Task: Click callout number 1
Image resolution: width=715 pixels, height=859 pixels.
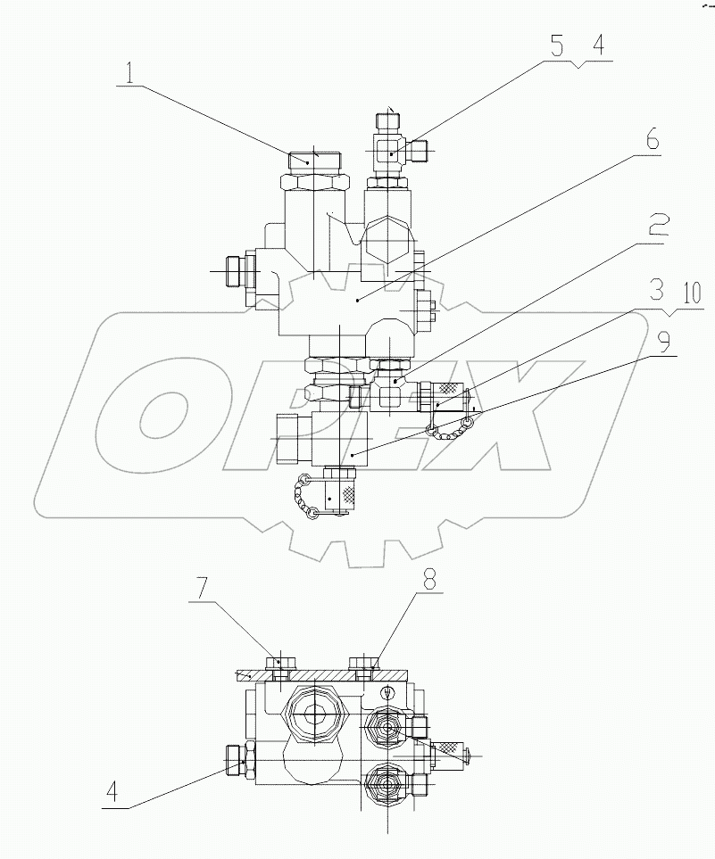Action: pos(130,71)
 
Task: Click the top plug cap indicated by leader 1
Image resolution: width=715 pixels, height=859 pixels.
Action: pos(312,161)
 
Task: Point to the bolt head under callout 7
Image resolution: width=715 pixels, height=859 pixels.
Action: pos(279,663)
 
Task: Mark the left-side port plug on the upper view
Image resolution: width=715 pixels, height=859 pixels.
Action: pos(235,270)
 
